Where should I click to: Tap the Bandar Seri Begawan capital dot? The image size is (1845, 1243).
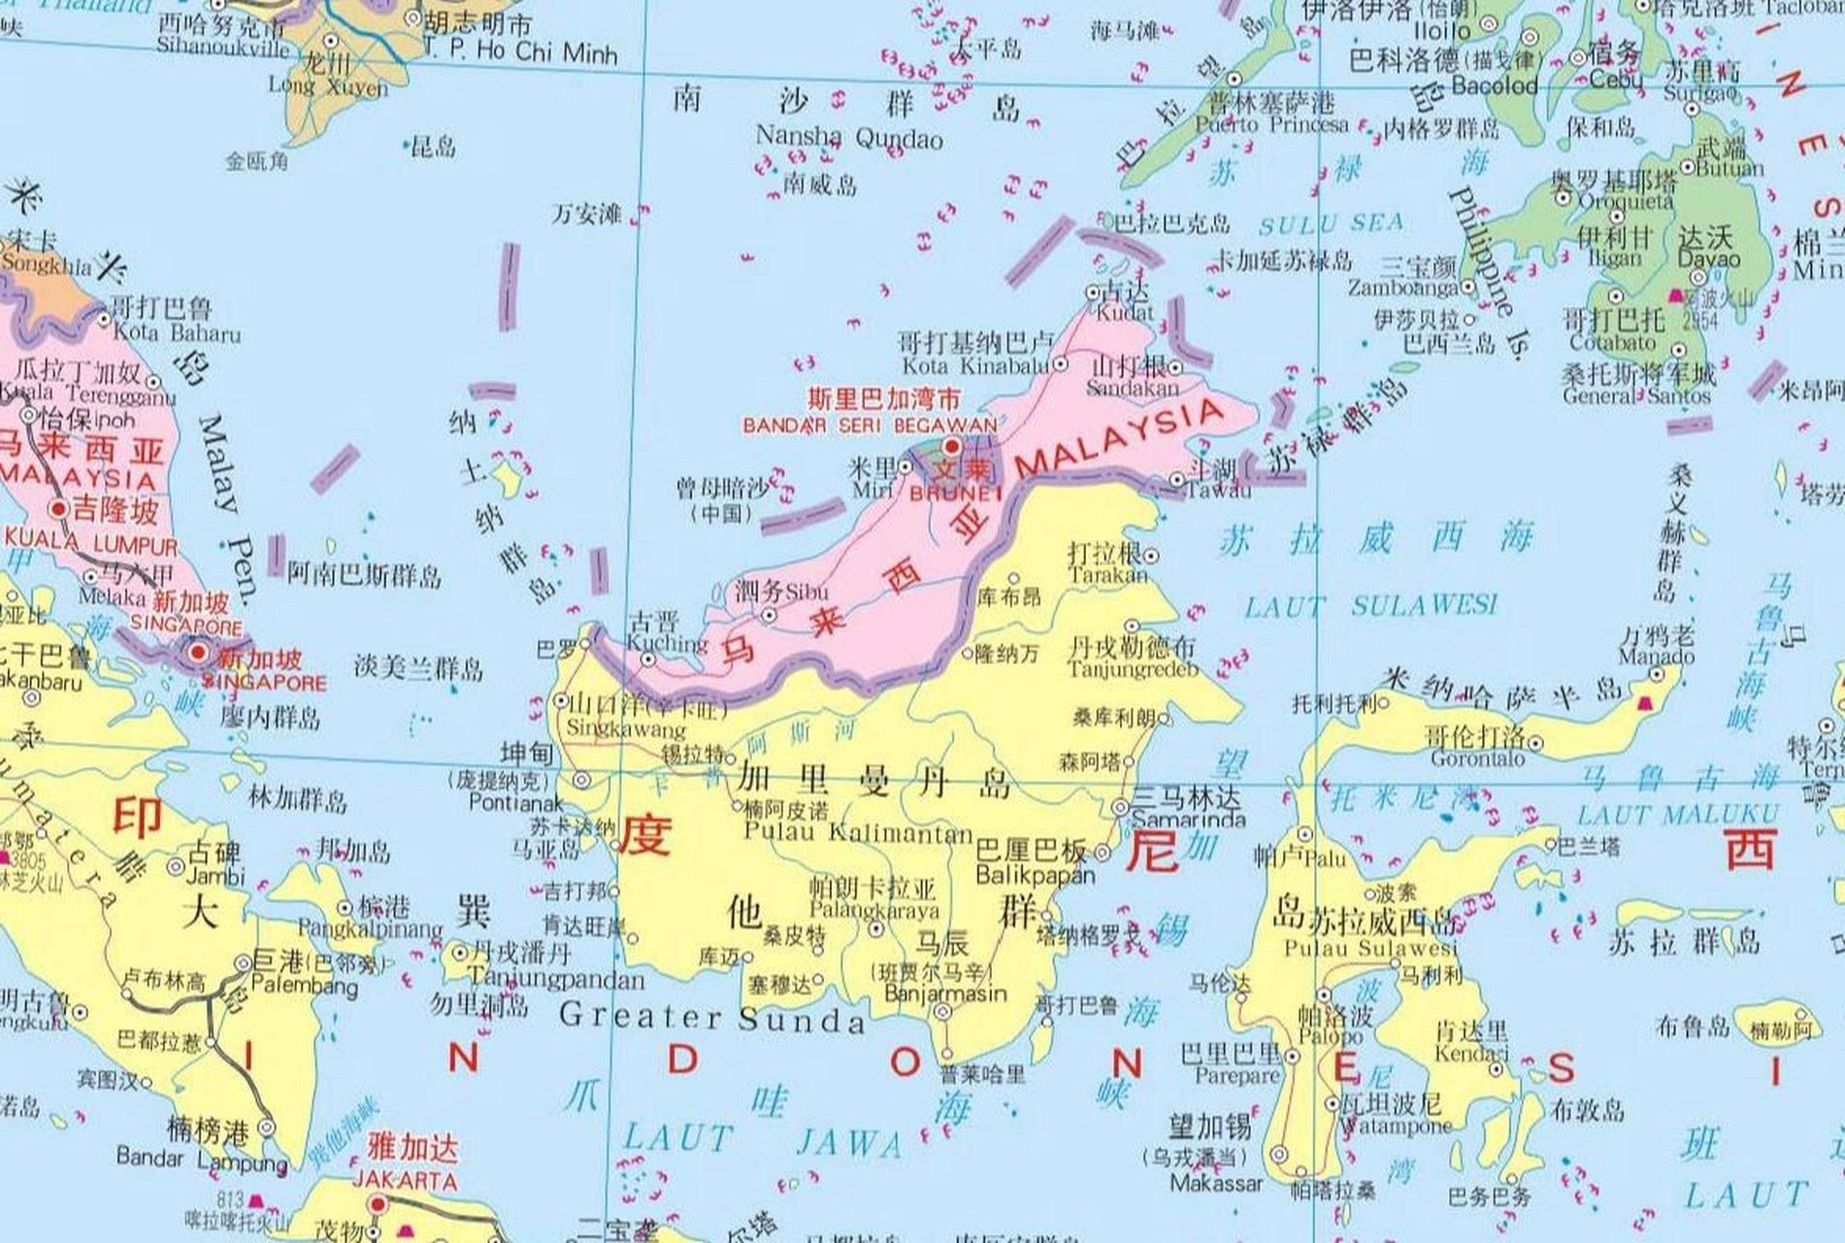(952, 446)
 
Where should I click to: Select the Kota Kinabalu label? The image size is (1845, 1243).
(975, 366)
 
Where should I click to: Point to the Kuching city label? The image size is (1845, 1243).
(667, 643)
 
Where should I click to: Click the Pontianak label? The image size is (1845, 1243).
(515, 803)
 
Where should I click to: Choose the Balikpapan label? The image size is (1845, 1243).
(1035, 875)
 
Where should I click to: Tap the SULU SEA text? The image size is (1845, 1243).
(1331, 225)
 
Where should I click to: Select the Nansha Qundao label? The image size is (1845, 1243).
(848, 137)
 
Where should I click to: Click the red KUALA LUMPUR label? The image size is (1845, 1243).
(92, 546)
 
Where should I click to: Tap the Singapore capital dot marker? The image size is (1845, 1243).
(199, 654)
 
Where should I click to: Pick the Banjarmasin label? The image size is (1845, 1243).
(946, 994)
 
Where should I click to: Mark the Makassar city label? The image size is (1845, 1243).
(1216, 1183)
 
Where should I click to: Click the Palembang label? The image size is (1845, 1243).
(304, 987)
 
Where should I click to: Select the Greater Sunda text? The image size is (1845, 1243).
(711, 1019)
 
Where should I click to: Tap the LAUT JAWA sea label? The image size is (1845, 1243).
(762, 1140)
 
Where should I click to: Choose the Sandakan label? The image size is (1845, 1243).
(1132, 388)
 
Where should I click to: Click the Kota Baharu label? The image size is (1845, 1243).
(177, 333)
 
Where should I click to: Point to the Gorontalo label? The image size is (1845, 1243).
(1477, 759)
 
